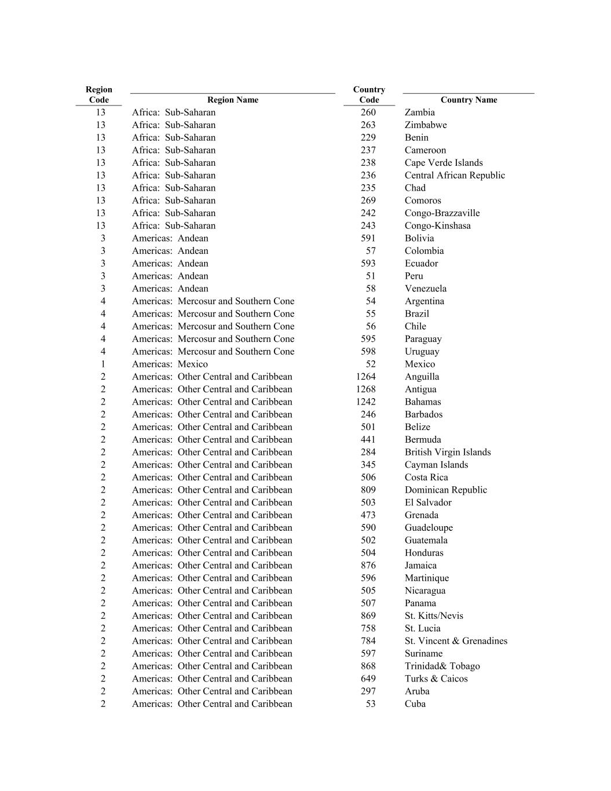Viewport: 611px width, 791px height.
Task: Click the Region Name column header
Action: [x=232, y=100]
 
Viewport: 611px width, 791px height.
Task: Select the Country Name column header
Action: [x=469, y=100]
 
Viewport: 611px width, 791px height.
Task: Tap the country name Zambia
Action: [x=419, y=112]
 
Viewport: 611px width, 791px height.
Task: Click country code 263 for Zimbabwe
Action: [x=368, y=125]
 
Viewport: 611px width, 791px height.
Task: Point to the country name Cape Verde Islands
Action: [x=443, y=163]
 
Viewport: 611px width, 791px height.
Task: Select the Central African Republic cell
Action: [x=455, y=176]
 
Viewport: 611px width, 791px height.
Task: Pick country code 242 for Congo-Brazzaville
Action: [x=368, y=213]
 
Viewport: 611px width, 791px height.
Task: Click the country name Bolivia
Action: [x=419, y=238]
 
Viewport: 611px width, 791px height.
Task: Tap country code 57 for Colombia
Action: [x=371, y=251]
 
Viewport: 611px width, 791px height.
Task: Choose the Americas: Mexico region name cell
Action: [x=170, y=364]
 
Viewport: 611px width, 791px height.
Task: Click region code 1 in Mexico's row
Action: [x=103, y=364]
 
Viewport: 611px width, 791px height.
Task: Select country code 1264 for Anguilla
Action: [x=366, y=377]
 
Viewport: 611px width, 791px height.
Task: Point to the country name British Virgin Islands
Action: [x=447, y=452]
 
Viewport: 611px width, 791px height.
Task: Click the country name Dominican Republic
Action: [x=445, y=490]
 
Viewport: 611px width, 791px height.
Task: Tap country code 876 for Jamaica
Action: [x=368, y=566]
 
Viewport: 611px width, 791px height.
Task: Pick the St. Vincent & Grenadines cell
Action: [x=456, y=641]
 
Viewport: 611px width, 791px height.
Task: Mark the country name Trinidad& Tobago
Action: [x=442, y=666]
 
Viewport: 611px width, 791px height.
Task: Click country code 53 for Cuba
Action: [x=371, y=704]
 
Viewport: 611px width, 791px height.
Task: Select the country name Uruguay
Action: [x=422, y=352]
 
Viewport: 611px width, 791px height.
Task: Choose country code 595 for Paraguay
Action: [x=368, y=339]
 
